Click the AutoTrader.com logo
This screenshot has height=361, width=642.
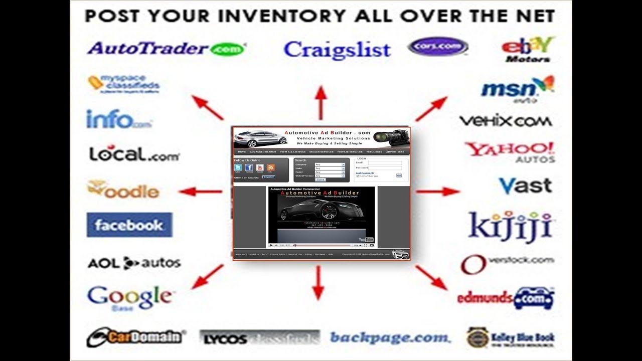(166, 49)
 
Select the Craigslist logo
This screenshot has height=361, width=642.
(337, 50)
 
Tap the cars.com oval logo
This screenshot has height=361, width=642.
(438, 47)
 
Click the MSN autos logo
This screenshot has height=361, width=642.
(517, 90)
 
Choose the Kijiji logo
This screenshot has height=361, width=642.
(510, 227)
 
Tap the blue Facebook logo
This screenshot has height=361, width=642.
(129, 225)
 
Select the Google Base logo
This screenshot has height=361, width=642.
(129, 298)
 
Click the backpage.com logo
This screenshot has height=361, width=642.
(390, 337)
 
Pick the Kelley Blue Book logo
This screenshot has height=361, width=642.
(510, 337)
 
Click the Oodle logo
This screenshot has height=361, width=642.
(123, 190)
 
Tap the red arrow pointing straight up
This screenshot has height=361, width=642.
(321, 102)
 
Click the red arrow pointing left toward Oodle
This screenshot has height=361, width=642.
(200, 191)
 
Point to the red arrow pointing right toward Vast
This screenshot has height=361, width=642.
(437, 191)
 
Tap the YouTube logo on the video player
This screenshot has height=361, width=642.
(366, 240)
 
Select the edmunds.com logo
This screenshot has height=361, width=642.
(505, 298)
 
